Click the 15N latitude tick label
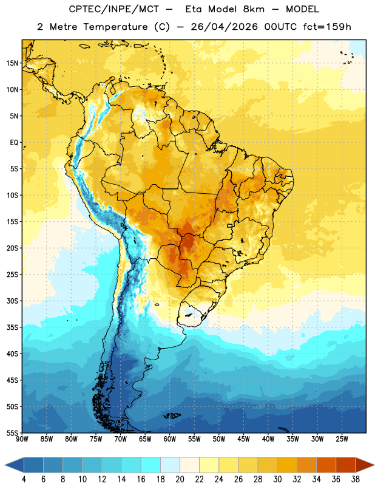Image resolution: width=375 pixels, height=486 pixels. coord(12,63)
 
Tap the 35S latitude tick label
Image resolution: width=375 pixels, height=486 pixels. coord(12,327)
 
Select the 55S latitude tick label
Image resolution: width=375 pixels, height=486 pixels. coord(12,433)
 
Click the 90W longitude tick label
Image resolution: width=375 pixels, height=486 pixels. coord(22,439)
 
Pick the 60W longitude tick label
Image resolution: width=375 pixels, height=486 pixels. coord(170,439)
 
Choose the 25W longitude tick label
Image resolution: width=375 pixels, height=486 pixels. coord(342,439)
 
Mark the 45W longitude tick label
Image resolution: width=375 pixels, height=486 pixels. coord(243,439)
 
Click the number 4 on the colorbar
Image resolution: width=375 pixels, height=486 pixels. coord(24,479)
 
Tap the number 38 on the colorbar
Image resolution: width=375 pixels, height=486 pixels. coord(356,479)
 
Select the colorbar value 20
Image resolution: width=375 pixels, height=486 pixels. coord(180,479)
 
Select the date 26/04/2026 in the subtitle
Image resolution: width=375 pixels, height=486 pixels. coord(224,27)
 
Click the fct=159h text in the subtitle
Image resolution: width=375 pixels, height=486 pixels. coord(326,27)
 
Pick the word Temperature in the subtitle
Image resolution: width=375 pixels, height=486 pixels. coord(115,27)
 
